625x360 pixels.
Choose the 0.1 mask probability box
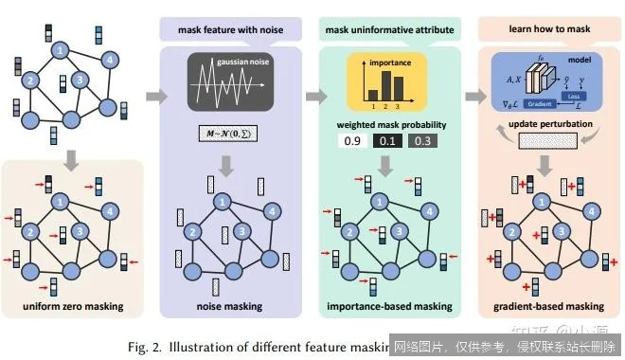click(x=386, y=142)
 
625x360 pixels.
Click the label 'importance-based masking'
click(x=387, y=305)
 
